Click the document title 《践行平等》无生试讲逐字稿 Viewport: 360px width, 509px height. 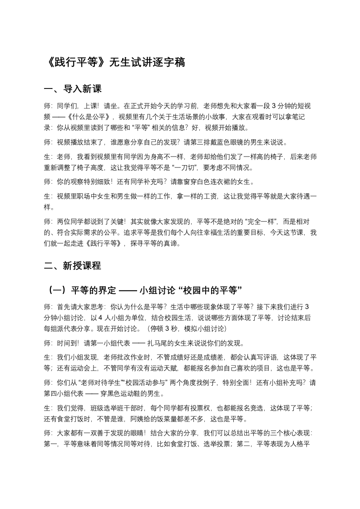coord(114,63)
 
